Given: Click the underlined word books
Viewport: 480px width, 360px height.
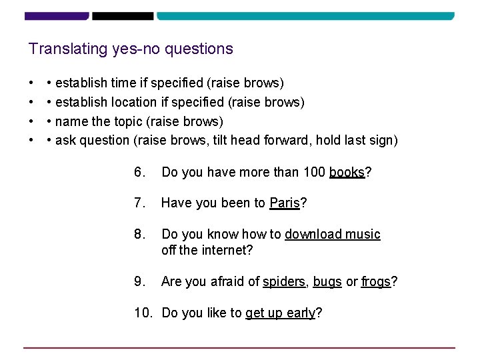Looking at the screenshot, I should pos(347,173).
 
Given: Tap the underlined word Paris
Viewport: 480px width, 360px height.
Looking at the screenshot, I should pos(285,203).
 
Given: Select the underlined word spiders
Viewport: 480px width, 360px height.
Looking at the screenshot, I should pos(284,282).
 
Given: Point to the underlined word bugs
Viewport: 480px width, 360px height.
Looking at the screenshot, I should pos(327,282).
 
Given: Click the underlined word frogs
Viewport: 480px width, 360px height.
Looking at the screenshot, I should pos(376,282).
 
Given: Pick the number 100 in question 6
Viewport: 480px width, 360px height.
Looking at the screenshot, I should pos(314,173).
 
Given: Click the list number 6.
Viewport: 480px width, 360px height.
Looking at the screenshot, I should pos(139,173).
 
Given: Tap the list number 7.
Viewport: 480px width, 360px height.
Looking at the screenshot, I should pos(139,203).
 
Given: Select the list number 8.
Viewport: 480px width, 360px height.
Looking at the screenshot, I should pos(139,234).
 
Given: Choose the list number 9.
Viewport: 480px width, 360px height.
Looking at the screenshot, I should pos(139,282).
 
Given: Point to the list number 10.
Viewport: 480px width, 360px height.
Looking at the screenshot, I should pos(143,313).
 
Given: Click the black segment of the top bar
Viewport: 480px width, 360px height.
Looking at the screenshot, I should pos(123,15).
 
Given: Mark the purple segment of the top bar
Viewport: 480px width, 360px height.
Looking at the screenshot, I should pos(57,15).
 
